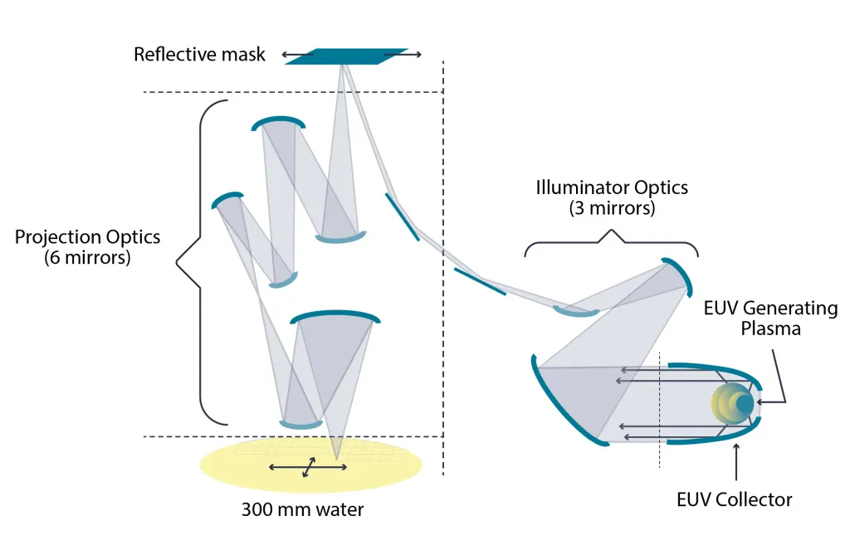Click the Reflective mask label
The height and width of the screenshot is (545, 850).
pos(199,54)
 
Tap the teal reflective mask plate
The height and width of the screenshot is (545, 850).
pos(346,56)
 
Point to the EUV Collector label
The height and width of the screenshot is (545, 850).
pos(734,499)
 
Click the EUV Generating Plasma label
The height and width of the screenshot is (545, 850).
pos(770,318)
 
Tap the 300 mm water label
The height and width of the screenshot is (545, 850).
pos(302,510)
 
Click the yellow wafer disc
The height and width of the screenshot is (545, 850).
pos(310,465)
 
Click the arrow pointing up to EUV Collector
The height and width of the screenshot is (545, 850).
pos(735,462)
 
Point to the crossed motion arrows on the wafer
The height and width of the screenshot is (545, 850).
pos(308,467)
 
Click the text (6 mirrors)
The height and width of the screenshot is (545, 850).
pos(87,257)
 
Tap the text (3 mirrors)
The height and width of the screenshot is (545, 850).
pos(612,208)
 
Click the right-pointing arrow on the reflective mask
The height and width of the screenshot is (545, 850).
pos(403,54)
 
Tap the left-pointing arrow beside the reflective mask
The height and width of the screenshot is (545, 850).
pos(298,54)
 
